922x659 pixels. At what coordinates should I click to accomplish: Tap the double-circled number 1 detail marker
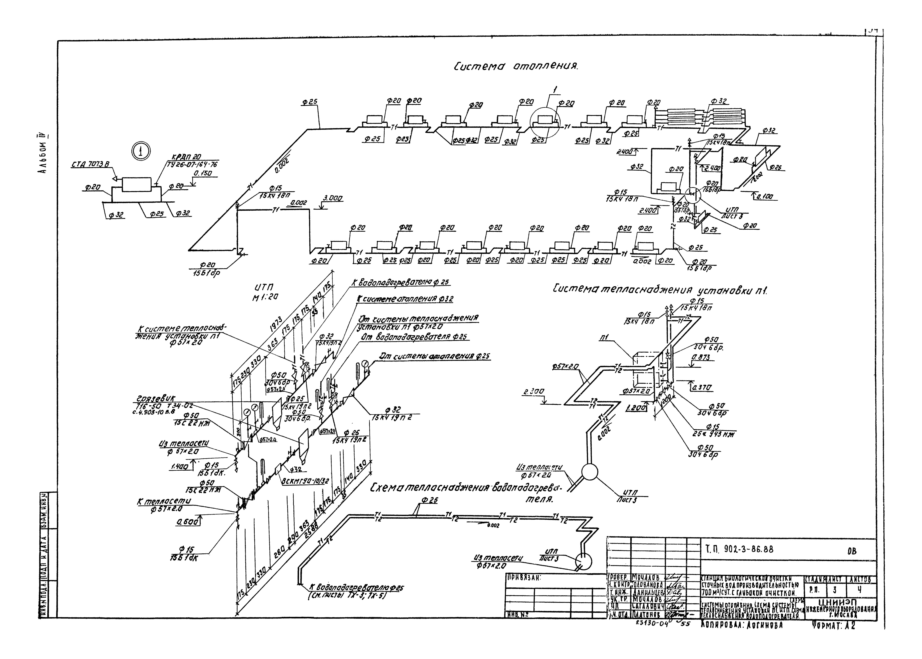pos(140,151)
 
